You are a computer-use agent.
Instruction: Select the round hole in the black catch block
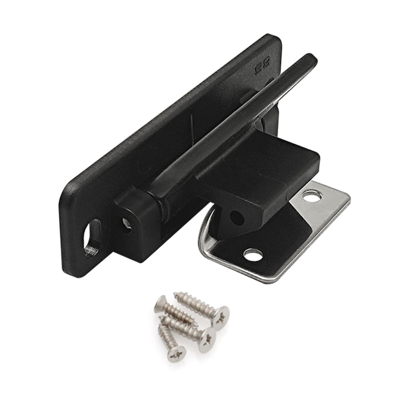click(236, 217)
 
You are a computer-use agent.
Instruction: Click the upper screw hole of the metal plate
click(311, 196)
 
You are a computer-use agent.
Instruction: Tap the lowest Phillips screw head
click(177, 353)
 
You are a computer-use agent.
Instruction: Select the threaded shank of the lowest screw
click(164, 333)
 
